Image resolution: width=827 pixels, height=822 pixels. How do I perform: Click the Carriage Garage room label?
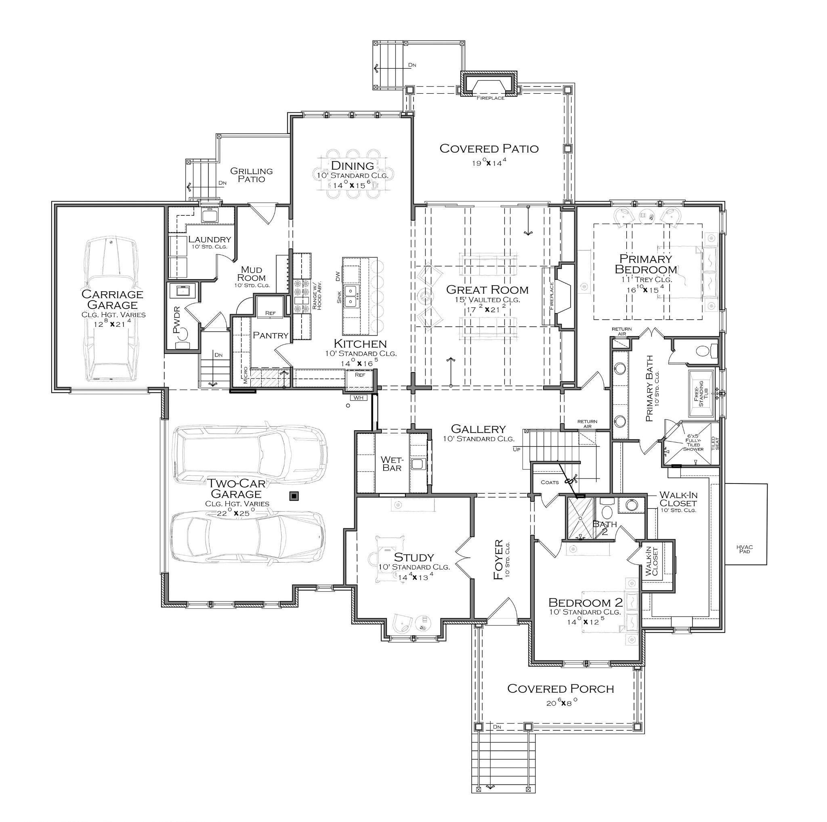pos(113,300)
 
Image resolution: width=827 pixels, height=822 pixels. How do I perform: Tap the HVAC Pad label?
pos(745,549)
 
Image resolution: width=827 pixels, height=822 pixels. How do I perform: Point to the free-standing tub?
pos(701,393)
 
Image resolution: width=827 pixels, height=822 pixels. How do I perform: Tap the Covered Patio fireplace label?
pos(490,98)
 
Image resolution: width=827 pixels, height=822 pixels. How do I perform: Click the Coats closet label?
pos(550,482)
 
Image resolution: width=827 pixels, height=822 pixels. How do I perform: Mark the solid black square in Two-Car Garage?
pos(294,496)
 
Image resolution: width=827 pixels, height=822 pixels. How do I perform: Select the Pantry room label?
pos(271,335)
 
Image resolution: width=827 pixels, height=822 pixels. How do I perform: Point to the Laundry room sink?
pos(210,215)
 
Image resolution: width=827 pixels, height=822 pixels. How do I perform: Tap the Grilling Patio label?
pos(251,175)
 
